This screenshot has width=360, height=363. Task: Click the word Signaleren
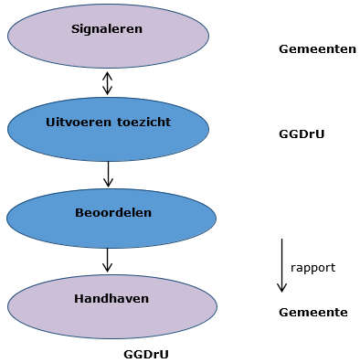pos(107,28)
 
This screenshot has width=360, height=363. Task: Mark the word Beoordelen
pos(112,212)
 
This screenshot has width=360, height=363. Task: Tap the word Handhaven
pos(111,298)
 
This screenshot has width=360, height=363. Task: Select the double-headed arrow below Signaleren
pos(108,83)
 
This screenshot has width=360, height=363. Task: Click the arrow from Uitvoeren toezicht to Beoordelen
pos(108,174)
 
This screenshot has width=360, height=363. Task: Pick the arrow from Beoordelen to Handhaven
pos(108,260)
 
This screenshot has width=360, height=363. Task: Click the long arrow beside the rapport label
pos(281,265)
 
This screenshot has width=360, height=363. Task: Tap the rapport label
pos(312,268)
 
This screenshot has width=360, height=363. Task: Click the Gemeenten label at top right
pos(316,48)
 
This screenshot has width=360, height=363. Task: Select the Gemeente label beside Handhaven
pos(312,312)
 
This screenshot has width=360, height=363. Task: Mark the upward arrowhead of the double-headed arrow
pos(108,75)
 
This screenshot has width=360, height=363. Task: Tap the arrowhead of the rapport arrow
pos(281,287)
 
